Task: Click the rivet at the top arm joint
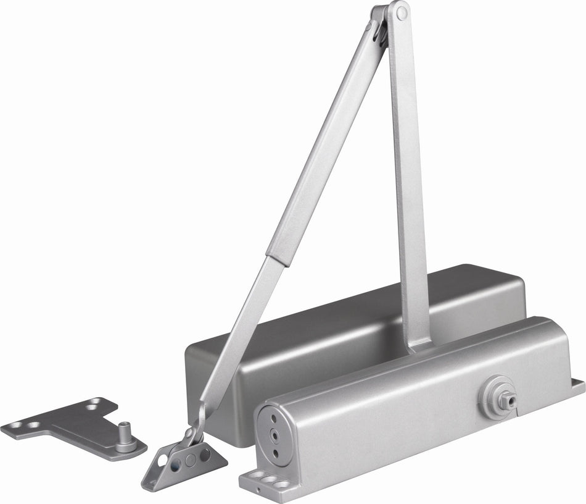coord(401,11)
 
